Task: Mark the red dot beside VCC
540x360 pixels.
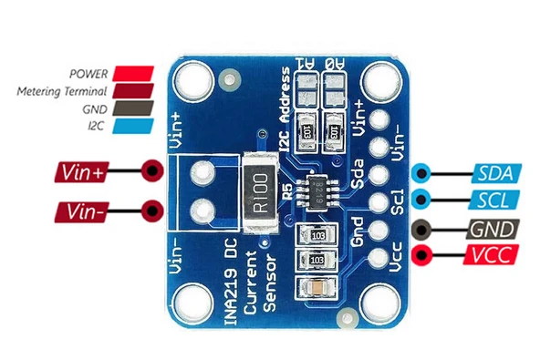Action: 422,255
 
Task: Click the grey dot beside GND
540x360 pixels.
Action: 422,230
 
